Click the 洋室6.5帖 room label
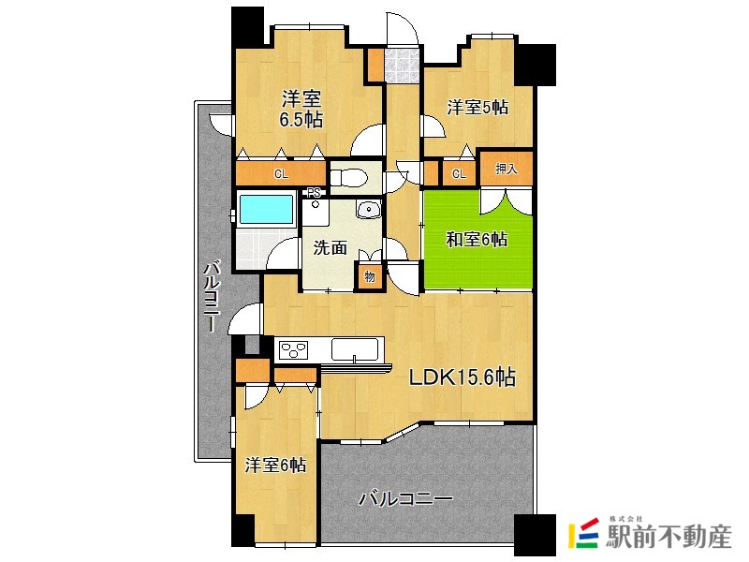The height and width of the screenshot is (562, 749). tap(301, 109)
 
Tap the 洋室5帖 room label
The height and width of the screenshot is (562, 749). tap(477, 107)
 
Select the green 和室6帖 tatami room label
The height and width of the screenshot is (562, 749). tap(477, 239)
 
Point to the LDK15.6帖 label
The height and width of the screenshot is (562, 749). tap(463, 377)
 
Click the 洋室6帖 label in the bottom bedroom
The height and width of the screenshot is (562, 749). tap(275, 465)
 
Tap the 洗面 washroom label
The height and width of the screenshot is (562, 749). tap(330, 248)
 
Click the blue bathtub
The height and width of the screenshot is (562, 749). tap(266, 209)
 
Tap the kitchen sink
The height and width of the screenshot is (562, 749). tap(355, 349)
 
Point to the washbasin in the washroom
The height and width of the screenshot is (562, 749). tap(368, 209)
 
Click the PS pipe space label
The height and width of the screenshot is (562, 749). tap(314, 193)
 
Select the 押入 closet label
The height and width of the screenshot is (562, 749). tap(506, 169)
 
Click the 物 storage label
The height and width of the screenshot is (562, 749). tap(369, 276)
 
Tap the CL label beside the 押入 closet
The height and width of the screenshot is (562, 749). tap(459, 174)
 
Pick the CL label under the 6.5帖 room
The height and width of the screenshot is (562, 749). tap(281, 174)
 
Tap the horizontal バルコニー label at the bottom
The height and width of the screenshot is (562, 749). tap(405, 500)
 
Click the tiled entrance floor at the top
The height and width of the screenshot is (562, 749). tap(403, 65)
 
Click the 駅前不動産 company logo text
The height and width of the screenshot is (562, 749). tap(668, 537)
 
